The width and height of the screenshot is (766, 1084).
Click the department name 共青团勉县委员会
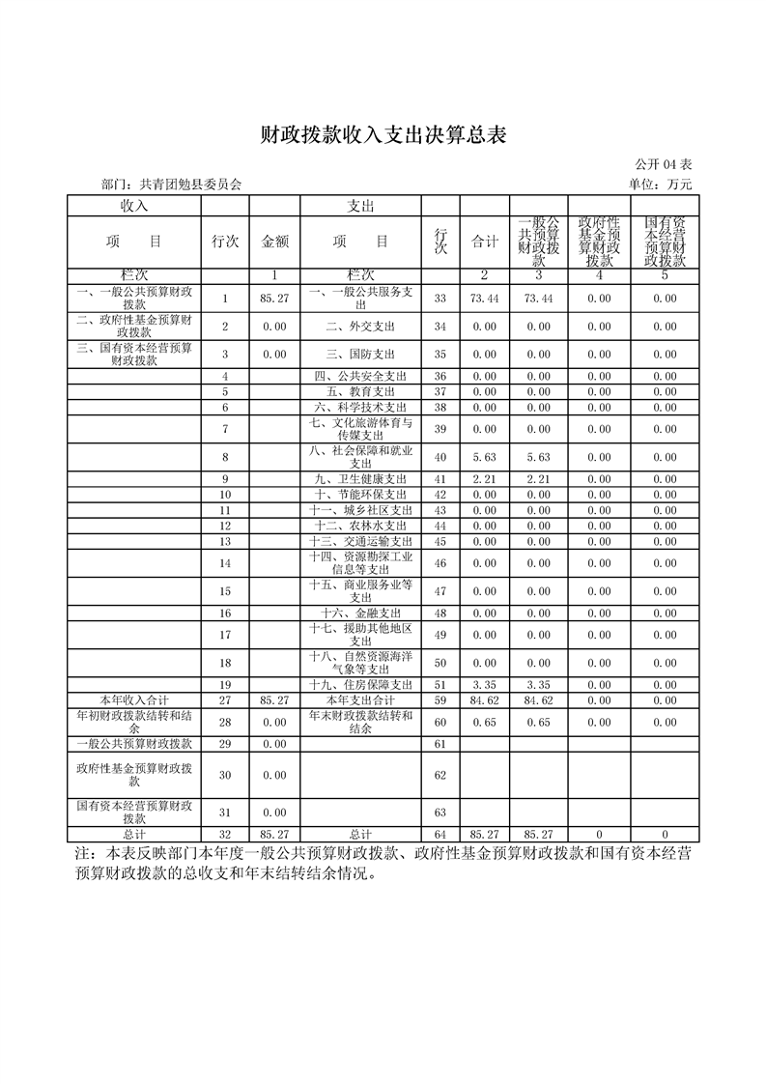191,185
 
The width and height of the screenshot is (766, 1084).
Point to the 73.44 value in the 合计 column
484,300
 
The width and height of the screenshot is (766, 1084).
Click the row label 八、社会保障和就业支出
360,457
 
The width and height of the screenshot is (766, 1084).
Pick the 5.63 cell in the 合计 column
484,457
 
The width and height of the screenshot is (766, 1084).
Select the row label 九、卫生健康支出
360,479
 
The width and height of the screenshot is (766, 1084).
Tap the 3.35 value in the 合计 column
484,685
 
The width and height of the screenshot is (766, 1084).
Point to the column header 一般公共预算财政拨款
537,242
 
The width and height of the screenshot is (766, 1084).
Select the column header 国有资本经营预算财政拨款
665,242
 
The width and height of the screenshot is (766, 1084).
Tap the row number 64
440,834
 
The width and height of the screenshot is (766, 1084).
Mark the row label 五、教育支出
360,391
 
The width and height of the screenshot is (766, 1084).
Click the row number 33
440,300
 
